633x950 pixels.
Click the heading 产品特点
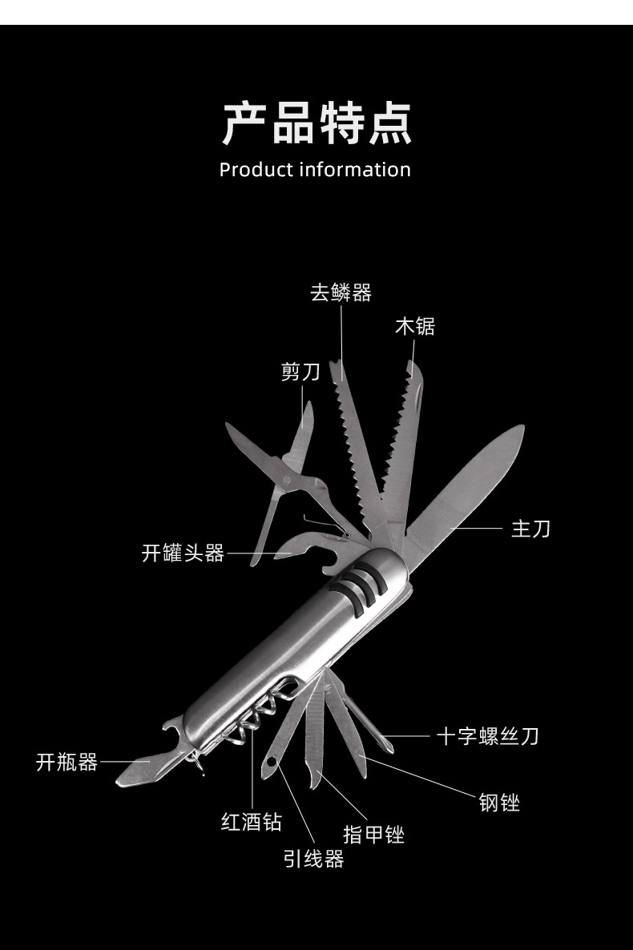click(x=316, y=123)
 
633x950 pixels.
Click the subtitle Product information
click(x=315, y=170)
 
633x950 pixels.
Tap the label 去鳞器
click(x=341, y=293)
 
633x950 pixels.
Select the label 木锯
click(x=415, y=327)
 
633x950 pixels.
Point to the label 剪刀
click(x=300, y=372)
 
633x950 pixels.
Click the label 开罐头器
click(x=183, y=553)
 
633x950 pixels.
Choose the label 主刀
click(x=531, y=529)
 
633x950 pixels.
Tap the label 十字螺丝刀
click(x=487, y=736)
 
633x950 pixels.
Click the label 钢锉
click(x=500, y=802)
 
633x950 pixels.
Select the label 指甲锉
click(x=374, y=835)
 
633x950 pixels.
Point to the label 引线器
click(x=314, y=859)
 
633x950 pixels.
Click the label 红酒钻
click(x=252, y=822)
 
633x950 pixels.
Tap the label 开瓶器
click(x=67, y=763)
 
